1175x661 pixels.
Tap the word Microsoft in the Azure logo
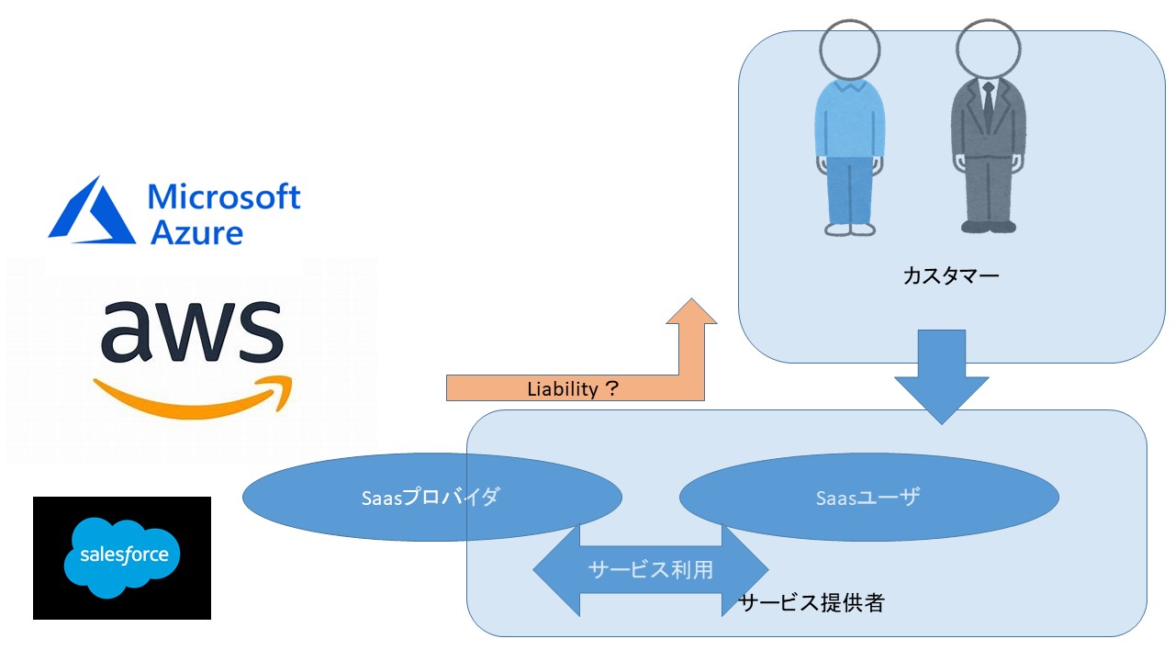pos(224,196)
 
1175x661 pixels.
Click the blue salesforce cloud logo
pos(122,556)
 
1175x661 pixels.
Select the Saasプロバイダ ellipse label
pos(431,498)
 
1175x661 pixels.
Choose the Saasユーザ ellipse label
pos(867,498)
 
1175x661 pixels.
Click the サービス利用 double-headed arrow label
pos(650,569)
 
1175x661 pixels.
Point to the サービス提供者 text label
pos(811,603)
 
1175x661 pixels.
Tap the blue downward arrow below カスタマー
pos(941,376)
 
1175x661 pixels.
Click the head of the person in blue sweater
pos(849,50)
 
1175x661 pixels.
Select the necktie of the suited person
pos(988,106)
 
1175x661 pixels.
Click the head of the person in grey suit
pos(988,50)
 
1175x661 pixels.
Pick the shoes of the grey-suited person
pos(989,225)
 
